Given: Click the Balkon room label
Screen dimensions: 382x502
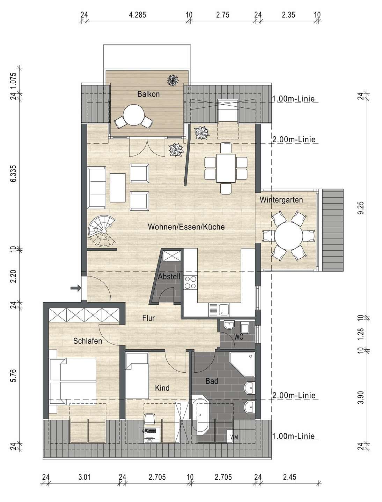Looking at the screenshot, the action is pyautogui.click(x=148, y=94).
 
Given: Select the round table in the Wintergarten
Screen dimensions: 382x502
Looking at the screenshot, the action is pyautogui.click(x=288, y=236).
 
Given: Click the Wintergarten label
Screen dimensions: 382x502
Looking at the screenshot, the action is pyautogui.click(x=281, y=200).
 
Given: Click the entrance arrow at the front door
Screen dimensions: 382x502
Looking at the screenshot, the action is pyautogui.click(x=76, y=288).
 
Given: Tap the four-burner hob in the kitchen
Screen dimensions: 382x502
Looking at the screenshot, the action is pyautogui.click(x=191, y=282).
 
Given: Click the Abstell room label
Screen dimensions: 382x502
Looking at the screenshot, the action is pyautogui.click(x=169, y=277).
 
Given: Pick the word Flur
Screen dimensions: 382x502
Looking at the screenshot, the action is pyautogui.click(x=148, y=318).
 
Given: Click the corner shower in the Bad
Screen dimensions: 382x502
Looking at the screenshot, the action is pyautogui.click(x=242, y=365).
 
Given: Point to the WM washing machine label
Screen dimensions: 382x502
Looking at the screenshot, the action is pyautogui.click(x=234, y=437).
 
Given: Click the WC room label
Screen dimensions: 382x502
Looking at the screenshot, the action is pyautogui.click(x=238, y=337).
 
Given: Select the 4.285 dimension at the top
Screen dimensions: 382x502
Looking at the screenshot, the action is pyautogui.click(x=138, y=15).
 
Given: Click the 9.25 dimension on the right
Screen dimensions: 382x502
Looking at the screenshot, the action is pyautogui.click(x=361, y=208).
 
